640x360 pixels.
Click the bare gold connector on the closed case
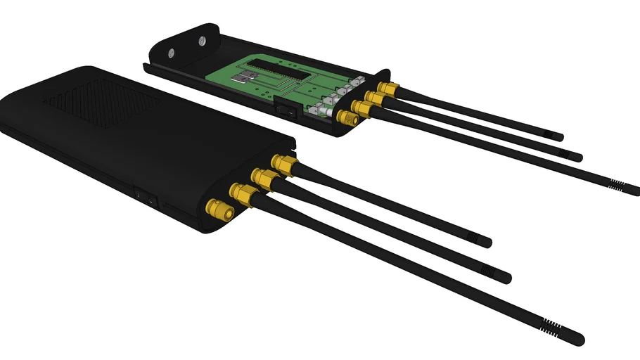point(217,210)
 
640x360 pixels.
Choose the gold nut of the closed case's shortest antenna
point(284,166)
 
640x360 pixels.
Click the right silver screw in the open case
point(203,41)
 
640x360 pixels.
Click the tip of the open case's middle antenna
point(580,156)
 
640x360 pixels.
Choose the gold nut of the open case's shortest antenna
point(385,89)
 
